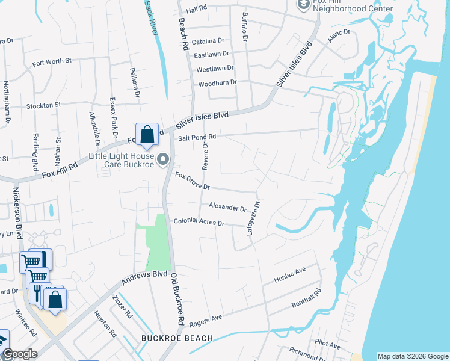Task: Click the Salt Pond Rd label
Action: click(196, 137)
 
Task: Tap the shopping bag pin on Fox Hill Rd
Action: click(147, 135)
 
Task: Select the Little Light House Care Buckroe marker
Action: click(162, 159)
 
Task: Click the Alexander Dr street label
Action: click(227, 207)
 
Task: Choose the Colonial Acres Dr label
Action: click(199, 222)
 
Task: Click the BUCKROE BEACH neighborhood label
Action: click(177, 338)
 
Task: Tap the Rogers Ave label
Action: click(206, 321)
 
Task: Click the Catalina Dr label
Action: click(209, 40)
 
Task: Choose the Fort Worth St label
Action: click(52, 61)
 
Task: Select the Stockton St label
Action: click(43, 105)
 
